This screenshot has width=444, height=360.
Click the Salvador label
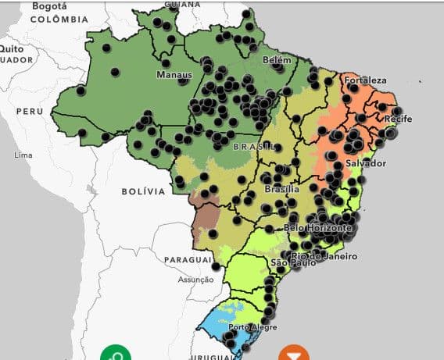pyautogui.click(x=365, y=163)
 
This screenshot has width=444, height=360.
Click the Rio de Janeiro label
pyautogui.click(x=324, y=256)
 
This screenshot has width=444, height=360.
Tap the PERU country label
pyautogui.click(x=29, y=112)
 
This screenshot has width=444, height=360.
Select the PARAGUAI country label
pyautogui.click(x=188, y=258)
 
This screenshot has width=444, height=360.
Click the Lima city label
pyautogui.click(x=23, y=155)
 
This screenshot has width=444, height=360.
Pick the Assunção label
pyautogui.click(x=195, y=279)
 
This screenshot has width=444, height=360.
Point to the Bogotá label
pyautogui.click(x=49, y=5)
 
